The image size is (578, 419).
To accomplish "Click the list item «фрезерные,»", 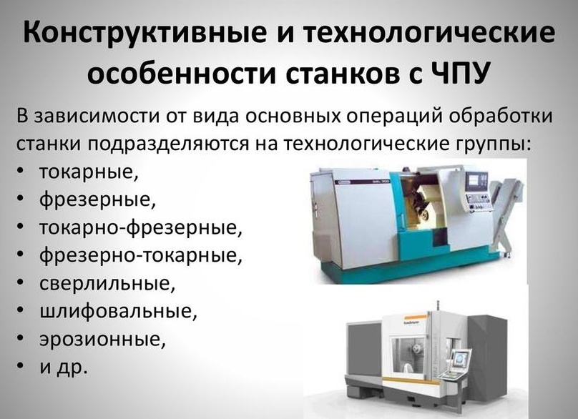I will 97,200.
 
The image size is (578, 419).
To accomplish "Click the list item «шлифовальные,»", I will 118,311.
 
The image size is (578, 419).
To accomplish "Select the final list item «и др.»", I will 64,367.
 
